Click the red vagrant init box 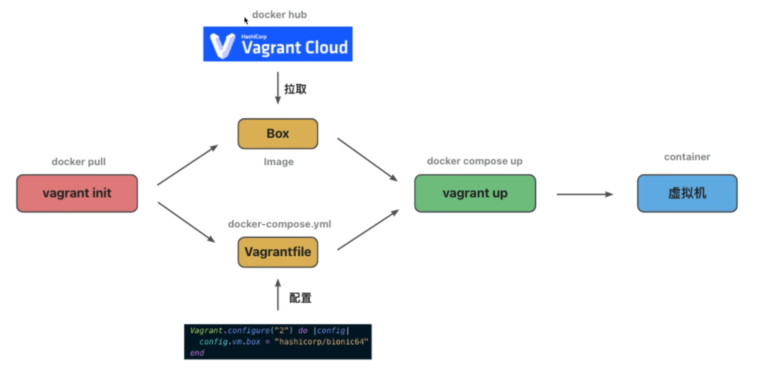point(77,193)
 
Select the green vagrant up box point(475,193)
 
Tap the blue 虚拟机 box point(687,193)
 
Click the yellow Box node point(278,134)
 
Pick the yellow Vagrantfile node point(278,252)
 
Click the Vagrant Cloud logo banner point(278,44)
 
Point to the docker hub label point(279,15)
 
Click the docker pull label point(78,162)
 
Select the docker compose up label point(475,161)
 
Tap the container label point(687,157)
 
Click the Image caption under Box point(279,162)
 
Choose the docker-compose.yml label point(279,224)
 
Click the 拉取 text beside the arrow point(295,89)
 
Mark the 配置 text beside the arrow point(300,298)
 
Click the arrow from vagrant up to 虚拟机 point(585,194)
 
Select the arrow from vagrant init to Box point(188,165)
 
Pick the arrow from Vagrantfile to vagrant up point(368,230)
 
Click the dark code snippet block point(278,342)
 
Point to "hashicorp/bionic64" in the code point(321,342)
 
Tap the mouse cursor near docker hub point(246,20)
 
